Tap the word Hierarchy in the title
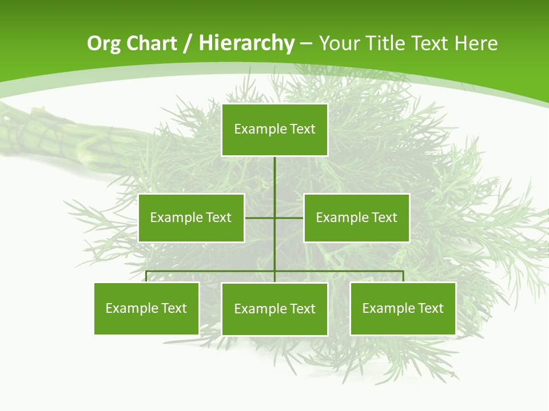tap(246, 43)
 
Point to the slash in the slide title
tap(188, 43)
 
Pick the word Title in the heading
tap(384, 43)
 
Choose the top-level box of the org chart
tap(274, 130)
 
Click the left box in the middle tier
tap(191, 217)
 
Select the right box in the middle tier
tap(357, 217)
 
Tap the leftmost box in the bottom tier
tap(146, 308)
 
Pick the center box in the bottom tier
tap(274, 309)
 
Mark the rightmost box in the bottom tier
tap(403, 308)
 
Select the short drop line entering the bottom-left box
tap(146, 277)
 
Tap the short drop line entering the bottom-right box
tap(403, 277)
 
